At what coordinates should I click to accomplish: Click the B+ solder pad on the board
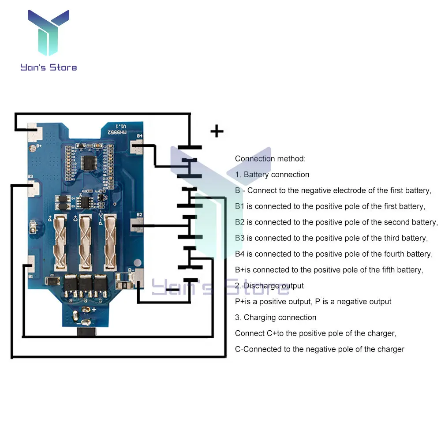click(33, 134)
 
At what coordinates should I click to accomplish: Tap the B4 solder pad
click(138, 145)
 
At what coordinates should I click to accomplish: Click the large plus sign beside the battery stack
click(217, 131)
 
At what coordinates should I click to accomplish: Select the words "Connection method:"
click(270, 159)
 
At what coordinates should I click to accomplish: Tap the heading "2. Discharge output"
click(269, 286)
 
